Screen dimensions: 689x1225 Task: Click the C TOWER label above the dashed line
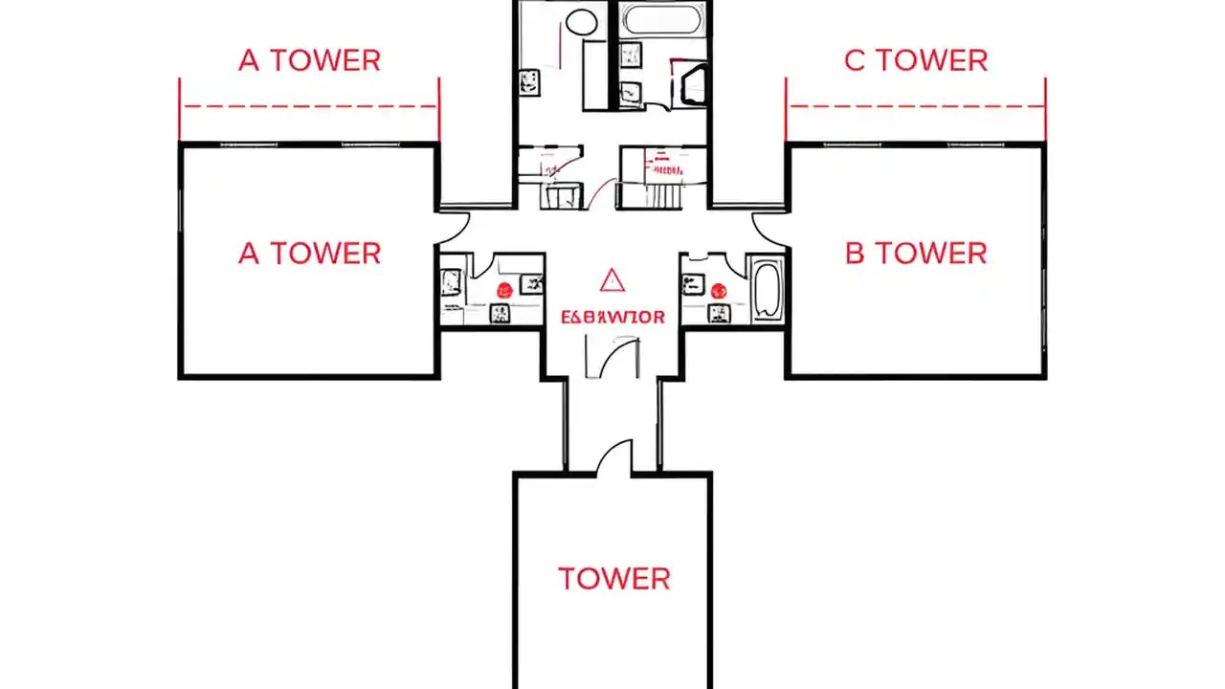tap(915, 60)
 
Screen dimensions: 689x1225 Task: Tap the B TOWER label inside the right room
tap(915, 254)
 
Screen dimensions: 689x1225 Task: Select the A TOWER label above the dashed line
tap(309, 60)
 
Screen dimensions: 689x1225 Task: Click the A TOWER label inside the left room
tap(309, 254)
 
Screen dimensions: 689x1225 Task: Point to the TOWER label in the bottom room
tap(613, 579)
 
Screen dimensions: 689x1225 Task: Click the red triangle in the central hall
tap(612, 280)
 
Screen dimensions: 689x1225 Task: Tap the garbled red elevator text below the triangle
tap(612, 317)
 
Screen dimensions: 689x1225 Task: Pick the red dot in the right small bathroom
tap(718, 290)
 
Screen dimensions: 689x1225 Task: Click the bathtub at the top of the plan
tap(661, 20)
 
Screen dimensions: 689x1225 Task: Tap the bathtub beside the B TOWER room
tap(768, 288)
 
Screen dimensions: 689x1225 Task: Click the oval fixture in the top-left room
tap(581, 22)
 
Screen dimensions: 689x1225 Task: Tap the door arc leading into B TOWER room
tap(768, 226)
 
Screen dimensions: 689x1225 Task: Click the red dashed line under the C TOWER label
tap(915, 107)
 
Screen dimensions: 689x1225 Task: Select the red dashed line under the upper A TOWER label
tap(309, 107)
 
